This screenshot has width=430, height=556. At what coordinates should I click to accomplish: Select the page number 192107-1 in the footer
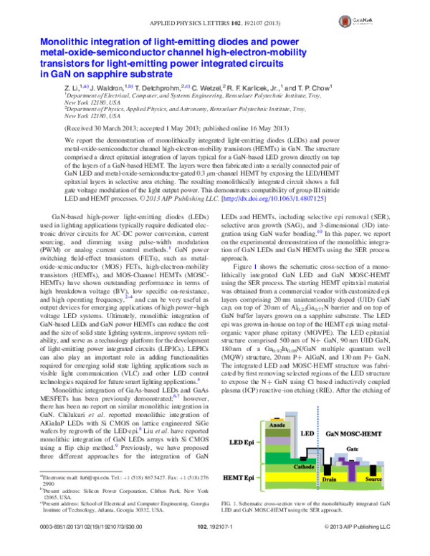[x=215, y=547]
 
